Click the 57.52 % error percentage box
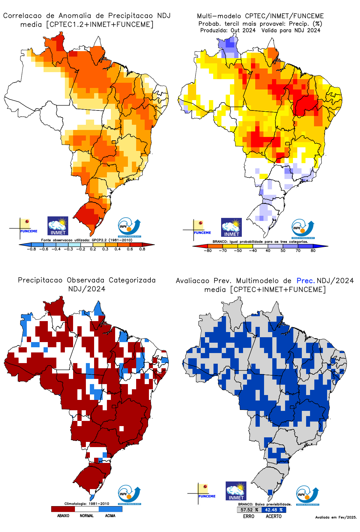coord(249,510)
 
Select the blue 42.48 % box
coord(274,510)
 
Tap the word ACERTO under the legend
coord(274,516)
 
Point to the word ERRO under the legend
coord(249,516)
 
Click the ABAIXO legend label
coord(63,516)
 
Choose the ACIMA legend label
coord(110,516)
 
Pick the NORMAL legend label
coord(86,516)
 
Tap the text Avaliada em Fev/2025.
coord(336,517)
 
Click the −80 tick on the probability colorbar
coord(208,251)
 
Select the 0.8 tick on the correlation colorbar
coord(142,249)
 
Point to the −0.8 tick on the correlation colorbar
coord(31,249)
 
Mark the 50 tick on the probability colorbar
coord(283,251)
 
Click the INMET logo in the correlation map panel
coord(58,226)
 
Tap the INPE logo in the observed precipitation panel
coord(129,495)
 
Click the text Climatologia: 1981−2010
coord(86,504)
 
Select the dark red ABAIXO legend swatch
coord(63,509)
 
